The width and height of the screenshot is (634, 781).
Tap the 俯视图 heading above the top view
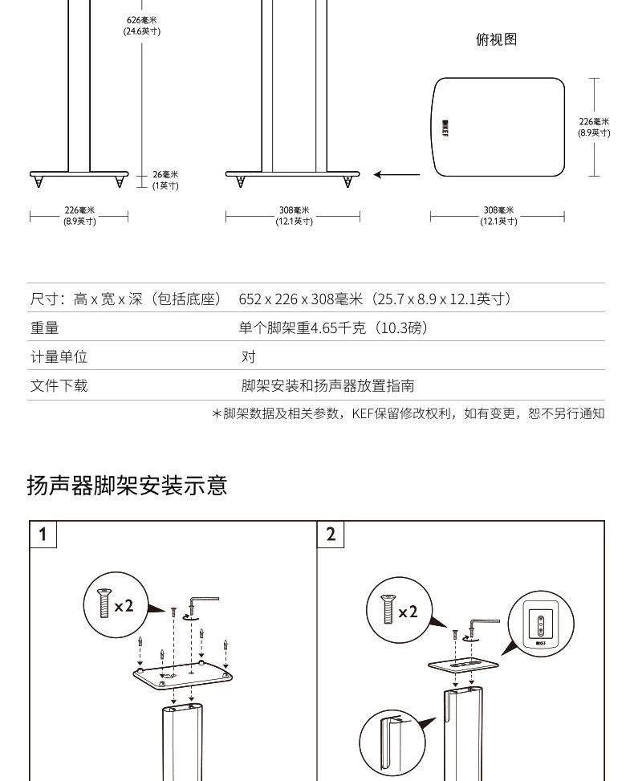[496, 40]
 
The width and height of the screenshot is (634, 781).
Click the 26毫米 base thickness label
[165, 180]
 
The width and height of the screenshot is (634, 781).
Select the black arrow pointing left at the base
[396, 174]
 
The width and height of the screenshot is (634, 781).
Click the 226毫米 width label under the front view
[79, 216]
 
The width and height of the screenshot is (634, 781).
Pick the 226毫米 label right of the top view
[595, 127]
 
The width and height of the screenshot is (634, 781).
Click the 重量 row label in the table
[45, 327]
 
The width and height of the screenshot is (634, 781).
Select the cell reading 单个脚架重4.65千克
[333, 327]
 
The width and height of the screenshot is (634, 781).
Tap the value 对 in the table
[249, 356]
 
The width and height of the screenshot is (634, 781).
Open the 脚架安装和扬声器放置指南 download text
[327, 385]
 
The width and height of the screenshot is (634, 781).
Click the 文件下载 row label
[59, 385]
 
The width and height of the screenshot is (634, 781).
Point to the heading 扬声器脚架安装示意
[128, 485]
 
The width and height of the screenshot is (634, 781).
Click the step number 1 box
[43, 534]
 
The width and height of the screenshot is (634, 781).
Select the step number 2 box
[331, 534]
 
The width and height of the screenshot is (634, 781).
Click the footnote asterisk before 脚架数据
[216, 414]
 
